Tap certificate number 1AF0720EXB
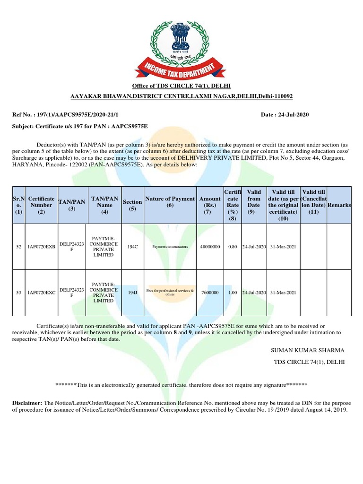42,247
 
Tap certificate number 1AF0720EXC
42,293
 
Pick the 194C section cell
132,247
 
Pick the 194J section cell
132,293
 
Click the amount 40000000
210,247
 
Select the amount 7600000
210,293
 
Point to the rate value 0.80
233,247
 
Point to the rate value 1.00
233,293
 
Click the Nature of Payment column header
170,202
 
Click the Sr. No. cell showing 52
19,247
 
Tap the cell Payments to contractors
170,247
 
